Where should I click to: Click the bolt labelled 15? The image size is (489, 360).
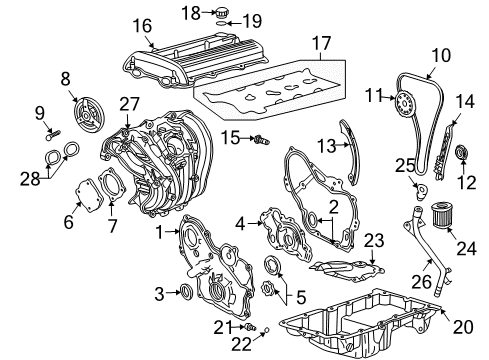click(x=262, y=138)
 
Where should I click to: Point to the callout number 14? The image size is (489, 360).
click(x=463, y=101)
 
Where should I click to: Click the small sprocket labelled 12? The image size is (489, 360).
click(x=462, y=153)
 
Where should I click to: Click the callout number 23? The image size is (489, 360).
click(x=374, y=240)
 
